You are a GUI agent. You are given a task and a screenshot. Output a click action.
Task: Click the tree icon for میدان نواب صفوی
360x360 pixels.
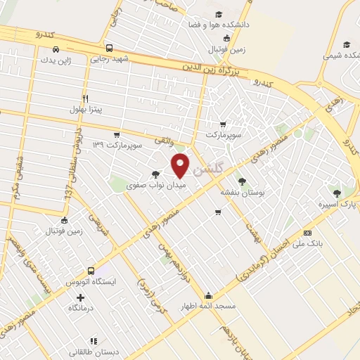tap(155, 174)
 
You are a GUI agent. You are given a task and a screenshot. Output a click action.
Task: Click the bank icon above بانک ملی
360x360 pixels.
tap(307, 233)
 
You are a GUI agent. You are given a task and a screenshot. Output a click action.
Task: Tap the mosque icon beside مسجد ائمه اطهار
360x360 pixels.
tap(208, 296)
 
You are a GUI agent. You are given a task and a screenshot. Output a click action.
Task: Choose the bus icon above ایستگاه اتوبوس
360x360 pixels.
tap(91, 271)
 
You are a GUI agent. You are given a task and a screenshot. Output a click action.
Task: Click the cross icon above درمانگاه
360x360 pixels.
tap(80, 298)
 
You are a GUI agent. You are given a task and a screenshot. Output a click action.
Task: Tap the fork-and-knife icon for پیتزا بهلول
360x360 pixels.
tap(85, 98)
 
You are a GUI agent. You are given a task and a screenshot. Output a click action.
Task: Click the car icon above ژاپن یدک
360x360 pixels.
tap(55, 49)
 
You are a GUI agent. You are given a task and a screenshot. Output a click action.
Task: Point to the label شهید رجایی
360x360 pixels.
tap(108, 60)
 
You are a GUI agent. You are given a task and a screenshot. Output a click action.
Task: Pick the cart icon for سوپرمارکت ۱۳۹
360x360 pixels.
tap(117, 135)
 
